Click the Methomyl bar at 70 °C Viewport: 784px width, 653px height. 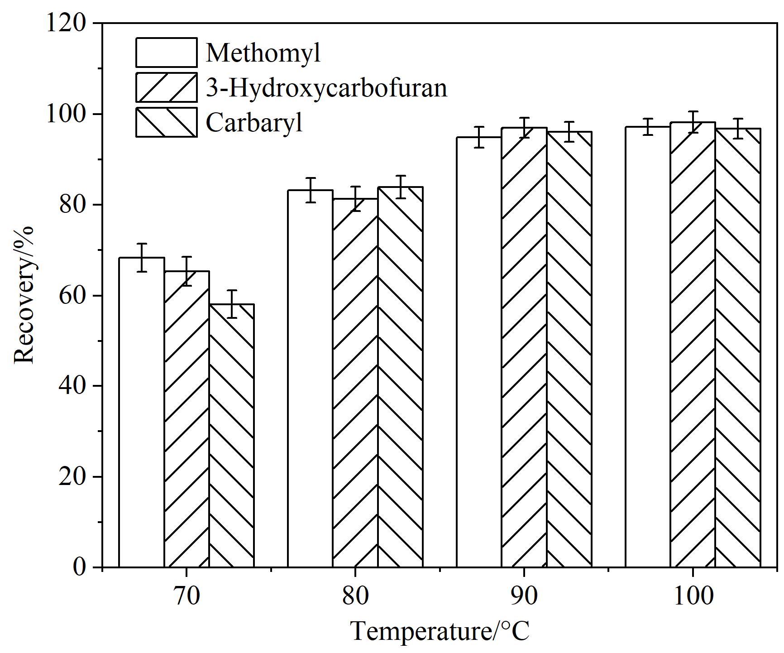point(142,413)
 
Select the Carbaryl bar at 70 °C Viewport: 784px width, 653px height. point(232,436)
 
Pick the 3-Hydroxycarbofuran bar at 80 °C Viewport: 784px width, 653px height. point(355,383)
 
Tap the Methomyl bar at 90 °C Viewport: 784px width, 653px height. point(479,352)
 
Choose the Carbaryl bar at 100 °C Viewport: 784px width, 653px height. point(738,348)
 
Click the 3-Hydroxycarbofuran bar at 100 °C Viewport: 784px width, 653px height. point(693,345)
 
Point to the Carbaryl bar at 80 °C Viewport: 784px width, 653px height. point(400,377)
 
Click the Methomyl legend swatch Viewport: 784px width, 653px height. point(167,53)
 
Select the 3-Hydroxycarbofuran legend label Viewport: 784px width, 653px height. point(326,87)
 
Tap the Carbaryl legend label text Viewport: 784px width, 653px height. point(254,122)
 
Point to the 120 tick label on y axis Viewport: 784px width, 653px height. point(66,23)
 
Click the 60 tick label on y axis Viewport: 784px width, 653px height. point(72,295)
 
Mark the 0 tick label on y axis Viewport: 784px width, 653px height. point(79,567)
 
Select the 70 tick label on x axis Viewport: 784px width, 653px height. point(186,596)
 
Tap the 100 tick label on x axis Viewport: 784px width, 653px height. point(693,596)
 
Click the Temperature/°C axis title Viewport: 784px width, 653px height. point(440,631)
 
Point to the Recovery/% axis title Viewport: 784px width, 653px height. point(24,295)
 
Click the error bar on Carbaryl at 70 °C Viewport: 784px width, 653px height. point(232,304)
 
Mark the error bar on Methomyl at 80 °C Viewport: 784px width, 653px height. point(310,190)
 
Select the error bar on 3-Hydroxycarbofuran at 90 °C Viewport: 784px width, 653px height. point(524,128)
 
